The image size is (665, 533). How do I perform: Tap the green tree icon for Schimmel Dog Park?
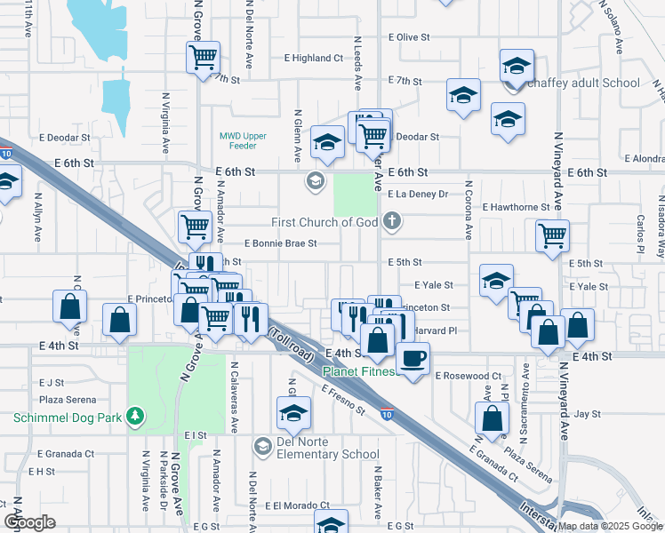pos(135,415)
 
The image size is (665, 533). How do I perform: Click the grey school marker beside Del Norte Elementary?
pos(262,445)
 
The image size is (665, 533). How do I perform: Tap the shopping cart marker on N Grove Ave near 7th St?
pos(204,59)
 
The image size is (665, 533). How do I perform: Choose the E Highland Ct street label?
pos(314,58)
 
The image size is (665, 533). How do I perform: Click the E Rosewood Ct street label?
pos(469,376)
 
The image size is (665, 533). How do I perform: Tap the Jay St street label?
pos(588,414)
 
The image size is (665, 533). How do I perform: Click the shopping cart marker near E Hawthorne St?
pos(553,236)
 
